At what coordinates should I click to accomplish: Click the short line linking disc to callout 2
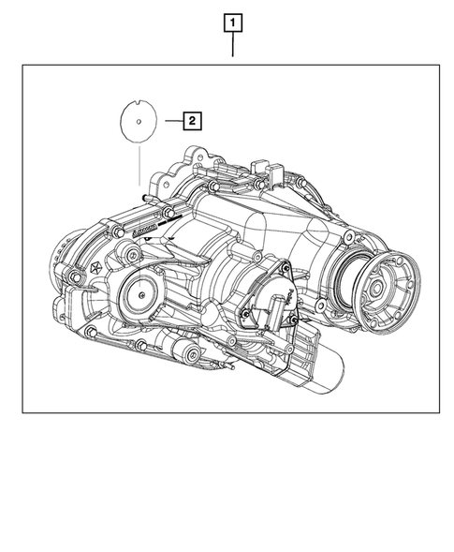(x=169, y=120)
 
